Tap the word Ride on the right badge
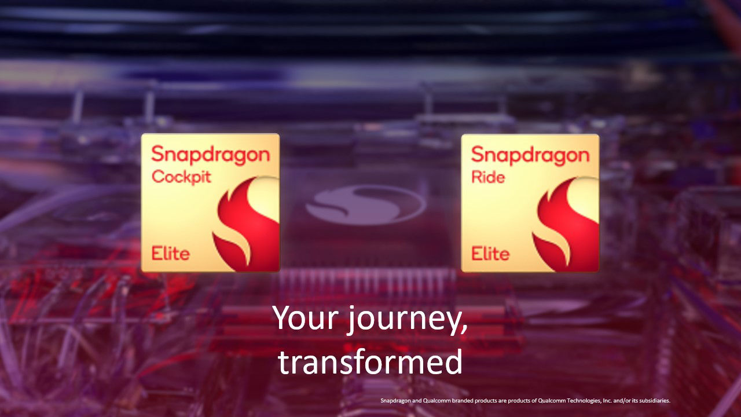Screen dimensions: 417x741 [487, 176]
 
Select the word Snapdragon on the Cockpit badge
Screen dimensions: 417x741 [210, 155]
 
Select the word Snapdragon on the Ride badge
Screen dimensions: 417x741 [530, 155]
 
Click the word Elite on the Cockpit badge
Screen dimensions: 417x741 [170, 253]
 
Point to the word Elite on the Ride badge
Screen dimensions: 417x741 [490, 253]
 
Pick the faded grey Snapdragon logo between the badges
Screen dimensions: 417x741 [365, 204]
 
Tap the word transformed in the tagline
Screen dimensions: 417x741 [370, 361]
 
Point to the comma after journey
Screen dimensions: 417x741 [465, 329]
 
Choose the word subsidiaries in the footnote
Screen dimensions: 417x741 [654, 400]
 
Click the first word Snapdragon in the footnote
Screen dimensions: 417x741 [394, 400]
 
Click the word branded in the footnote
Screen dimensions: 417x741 [455, 400]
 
